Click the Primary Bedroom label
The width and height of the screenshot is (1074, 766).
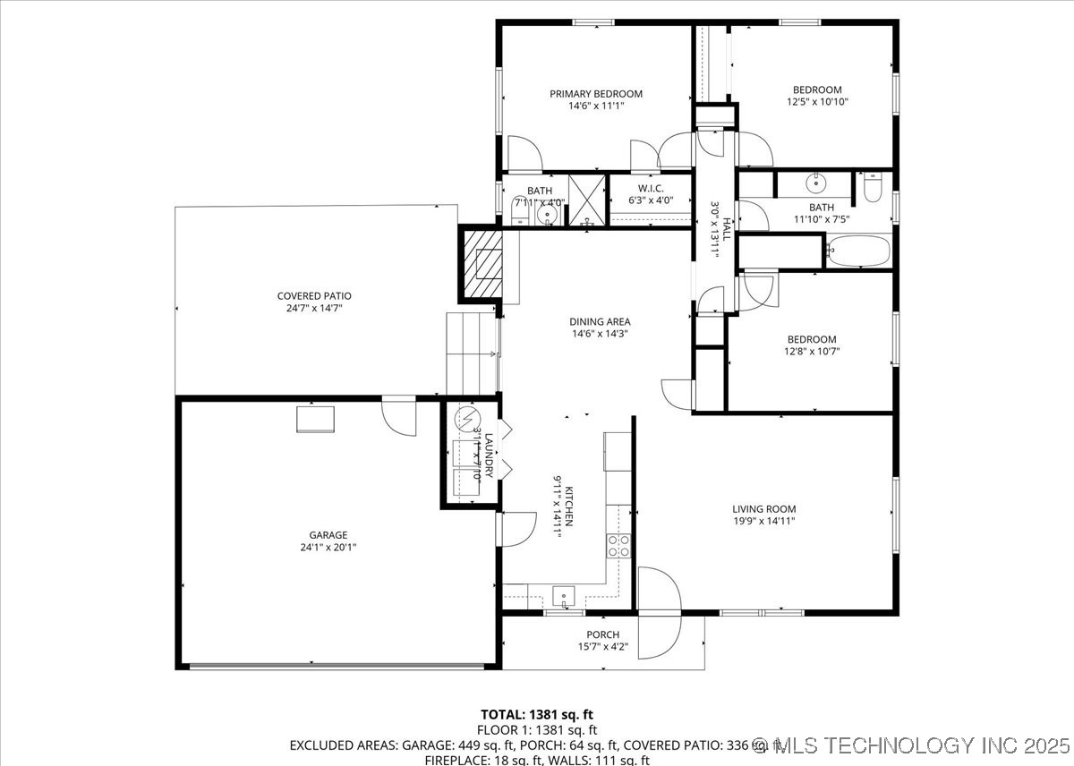tap(595, 94)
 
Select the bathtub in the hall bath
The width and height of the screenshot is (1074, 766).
tap(857, 251)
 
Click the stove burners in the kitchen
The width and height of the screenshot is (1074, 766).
tap(618, 546)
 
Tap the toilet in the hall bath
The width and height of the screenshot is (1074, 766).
tap(874, 188)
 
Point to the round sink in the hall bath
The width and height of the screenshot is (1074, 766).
tap(815, 184)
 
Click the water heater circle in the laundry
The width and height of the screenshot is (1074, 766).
tap(467, 419)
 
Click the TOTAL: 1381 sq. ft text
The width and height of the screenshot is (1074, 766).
tap(536, 714)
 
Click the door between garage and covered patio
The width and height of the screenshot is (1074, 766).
tap(399, 413)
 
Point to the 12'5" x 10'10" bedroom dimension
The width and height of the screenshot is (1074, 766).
tap(816, 102)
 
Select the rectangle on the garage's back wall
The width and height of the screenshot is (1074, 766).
tap(315, 419)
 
